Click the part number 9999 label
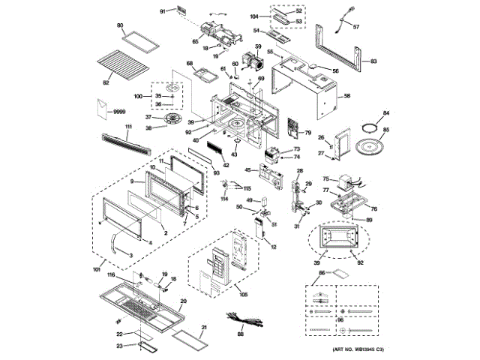coord(118,111)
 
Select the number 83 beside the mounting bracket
coord(375,61)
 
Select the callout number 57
coord(357,27)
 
